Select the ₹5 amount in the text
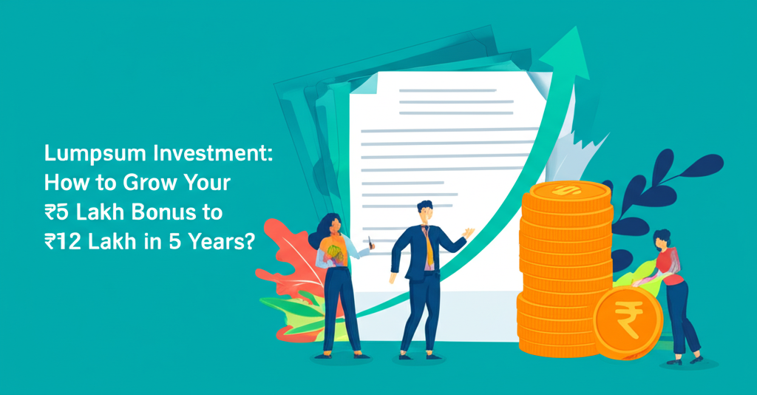pos(56,213)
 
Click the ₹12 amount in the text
pos(61,243)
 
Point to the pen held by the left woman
pos(370,242)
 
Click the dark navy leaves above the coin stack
pos(669,178)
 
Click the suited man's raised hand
pos(468,232)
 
